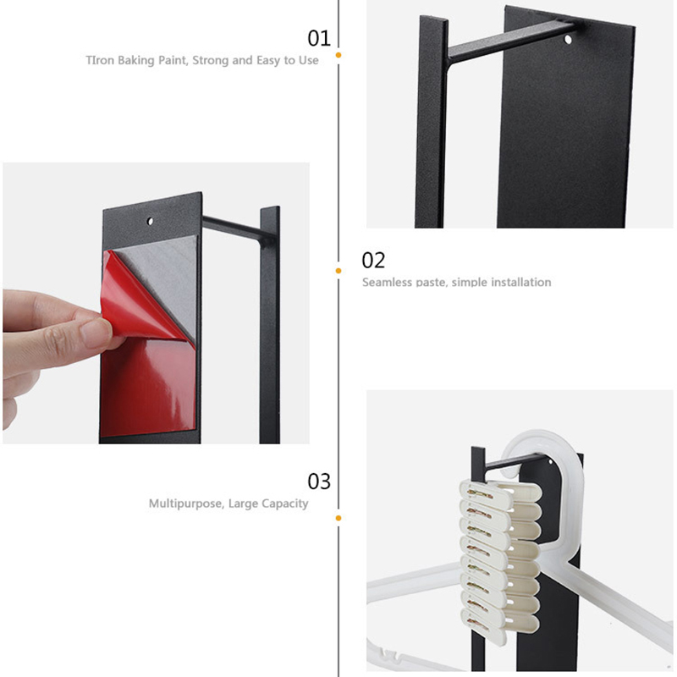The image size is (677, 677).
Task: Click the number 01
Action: (319, 38)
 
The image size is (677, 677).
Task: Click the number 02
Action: (373, 261)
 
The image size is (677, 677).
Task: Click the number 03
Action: (319, 482)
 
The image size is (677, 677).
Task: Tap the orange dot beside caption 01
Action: (338, 55)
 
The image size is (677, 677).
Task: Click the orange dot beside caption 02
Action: (338, 271)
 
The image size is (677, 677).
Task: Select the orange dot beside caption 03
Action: (338, 518)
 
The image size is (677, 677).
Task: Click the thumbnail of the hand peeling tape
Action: (156, 303)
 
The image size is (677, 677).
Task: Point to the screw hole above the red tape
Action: (151, 222)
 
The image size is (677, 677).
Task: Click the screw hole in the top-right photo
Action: (568, 40)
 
